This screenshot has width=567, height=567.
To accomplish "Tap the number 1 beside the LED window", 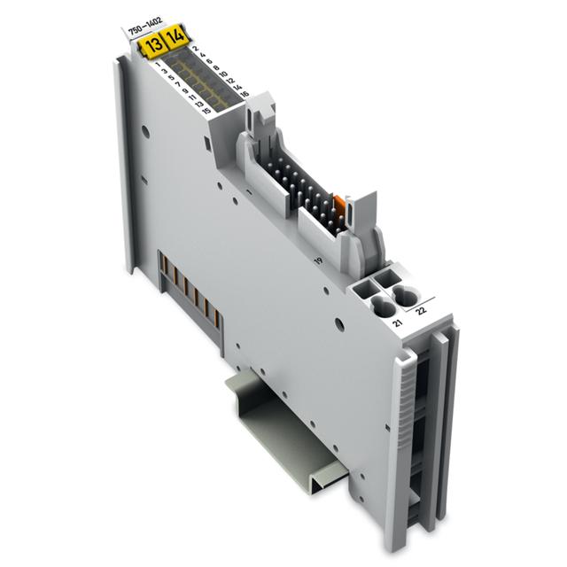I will coord(157,65).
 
